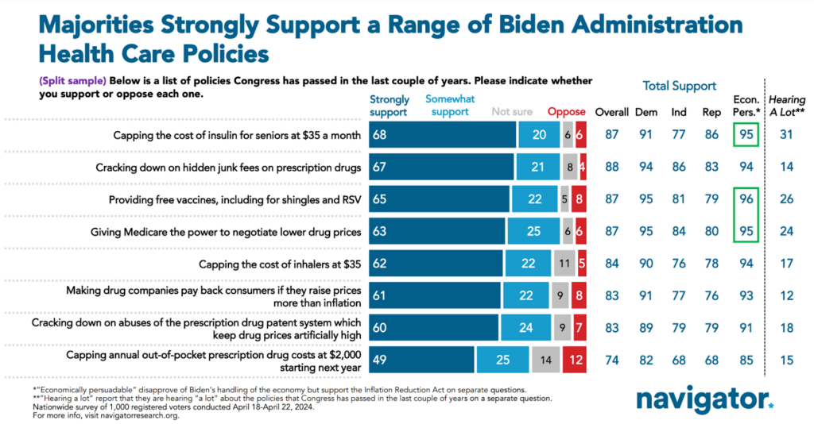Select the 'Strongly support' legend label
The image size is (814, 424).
click(390, 106)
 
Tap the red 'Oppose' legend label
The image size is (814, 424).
click(566, 112)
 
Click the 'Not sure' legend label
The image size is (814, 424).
click(512, 112)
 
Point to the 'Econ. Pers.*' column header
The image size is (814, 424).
click(745, 106)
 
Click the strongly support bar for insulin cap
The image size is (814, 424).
click(441, 135)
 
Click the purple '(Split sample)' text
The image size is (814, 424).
click(68, 81)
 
